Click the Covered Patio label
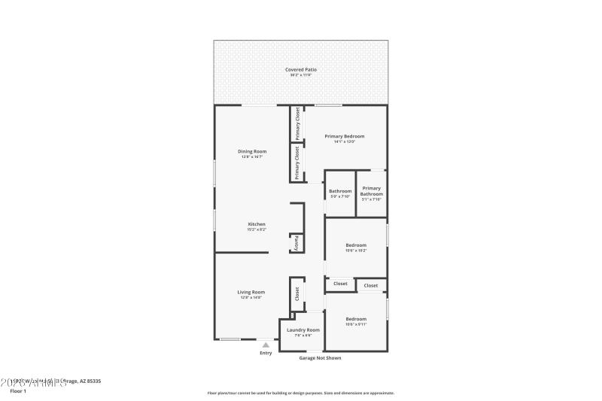point(300,70)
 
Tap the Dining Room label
point(253,151)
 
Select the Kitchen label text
point(257,223)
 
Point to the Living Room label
point(251,292)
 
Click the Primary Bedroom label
point(344,136)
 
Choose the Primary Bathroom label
point(371,191)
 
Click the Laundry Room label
point(303,330)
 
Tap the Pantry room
point(296,244)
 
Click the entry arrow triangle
point(265,345)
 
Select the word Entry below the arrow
point(266,353)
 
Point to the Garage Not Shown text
point(320,358)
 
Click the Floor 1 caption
point(18,391)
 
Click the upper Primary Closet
point(298,123)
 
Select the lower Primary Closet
point(298,162)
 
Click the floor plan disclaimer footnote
point(300,393)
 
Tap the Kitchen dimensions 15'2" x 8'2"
point(257,229)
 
